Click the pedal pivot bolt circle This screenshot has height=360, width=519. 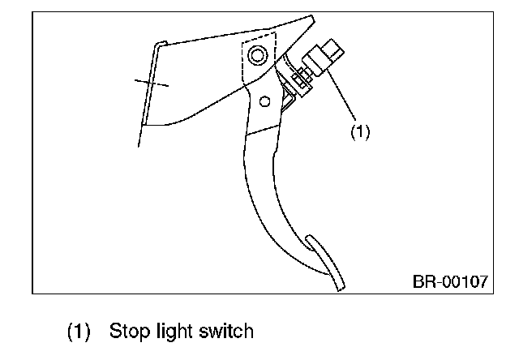pos(257,55)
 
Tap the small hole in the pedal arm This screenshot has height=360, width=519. pos(264,102)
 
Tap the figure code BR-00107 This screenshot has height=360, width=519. pos(450,281)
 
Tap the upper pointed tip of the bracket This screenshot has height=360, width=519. pos(311,17)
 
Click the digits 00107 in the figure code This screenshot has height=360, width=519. pos(464,281)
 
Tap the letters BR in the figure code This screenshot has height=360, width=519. pos(422,281)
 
